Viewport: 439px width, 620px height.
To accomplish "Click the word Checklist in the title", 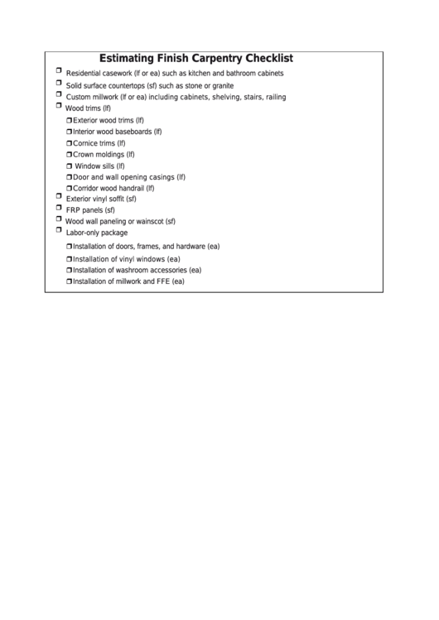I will click(263, 59).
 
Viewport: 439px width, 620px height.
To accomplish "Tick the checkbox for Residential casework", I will click(59, 71).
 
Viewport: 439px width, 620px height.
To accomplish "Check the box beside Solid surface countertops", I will click(59, 83).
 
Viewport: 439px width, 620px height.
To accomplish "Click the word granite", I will click(223, 85).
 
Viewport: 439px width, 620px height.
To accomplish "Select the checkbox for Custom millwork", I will click(59, 94).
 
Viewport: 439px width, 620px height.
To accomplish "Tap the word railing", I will click(276, 97).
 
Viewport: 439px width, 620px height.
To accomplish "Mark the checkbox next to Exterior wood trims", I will click(70, 120).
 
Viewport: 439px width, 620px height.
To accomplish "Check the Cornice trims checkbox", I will click(70, 143).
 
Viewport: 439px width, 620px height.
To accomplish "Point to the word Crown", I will click(83, 154).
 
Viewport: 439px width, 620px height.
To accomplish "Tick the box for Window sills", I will click(70, 166).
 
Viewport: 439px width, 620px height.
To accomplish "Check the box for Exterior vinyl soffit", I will click(59, 196).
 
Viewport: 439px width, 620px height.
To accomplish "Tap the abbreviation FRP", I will click(74, 210).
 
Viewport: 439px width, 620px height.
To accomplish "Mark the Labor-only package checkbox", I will click(59, 231).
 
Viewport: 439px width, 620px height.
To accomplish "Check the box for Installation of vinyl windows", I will click(70, 258).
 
